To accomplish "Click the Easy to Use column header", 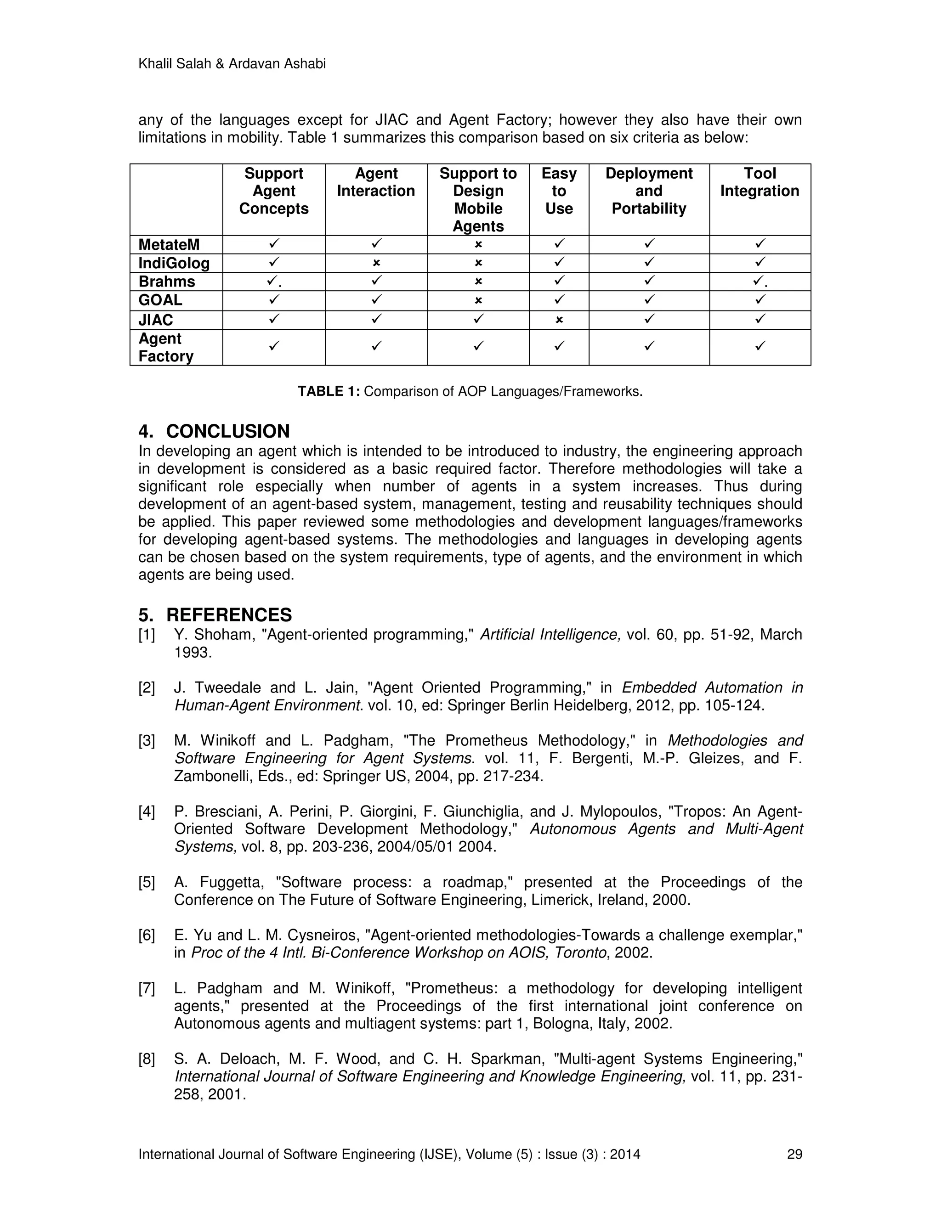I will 559,191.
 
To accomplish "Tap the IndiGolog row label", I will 174,263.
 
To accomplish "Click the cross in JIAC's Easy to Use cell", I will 559,320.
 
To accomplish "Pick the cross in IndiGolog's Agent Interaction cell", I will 376,262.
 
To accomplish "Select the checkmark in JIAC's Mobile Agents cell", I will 478,319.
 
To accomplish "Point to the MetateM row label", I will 169,245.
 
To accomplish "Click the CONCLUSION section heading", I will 227,431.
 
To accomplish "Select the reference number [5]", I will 147,882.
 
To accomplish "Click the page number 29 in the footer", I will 794,1154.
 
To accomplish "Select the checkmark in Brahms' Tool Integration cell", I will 759,282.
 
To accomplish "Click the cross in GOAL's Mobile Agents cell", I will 478,300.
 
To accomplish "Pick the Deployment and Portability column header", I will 649,191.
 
